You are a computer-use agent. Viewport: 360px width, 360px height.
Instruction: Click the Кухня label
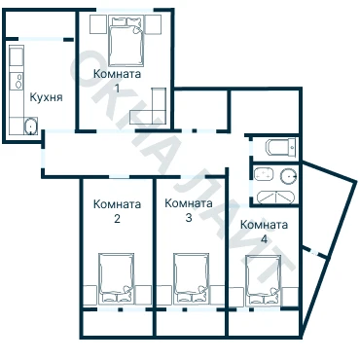(x=46, y=97)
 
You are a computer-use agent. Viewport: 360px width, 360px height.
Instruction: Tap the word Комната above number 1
(x=117, y=74)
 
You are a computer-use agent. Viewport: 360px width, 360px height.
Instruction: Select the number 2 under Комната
(x=117, y=219)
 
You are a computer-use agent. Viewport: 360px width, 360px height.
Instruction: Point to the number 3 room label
(x=189, y=217)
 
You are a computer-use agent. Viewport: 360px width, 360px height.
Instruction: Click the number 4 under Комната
(x=265, y=239)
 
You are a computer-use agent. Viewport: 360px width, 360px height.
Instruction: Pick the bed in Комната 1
(x=126, y=42)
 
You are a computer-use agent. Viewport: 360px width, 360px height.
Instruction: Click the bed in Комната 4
(x=263, y=280)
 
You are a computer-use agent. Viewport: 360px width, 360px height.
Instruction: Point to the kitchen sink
(x=30, y=126)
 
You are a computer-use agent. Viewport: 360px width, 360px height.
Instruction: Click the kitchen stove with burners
(x=18, y=81)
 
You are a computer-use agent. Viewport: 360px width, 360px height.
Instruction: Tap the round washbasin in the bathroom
(x=288, y=175)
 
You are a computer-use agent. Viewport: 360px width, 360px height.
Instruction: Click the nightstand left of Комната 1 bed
(x=98, y=24)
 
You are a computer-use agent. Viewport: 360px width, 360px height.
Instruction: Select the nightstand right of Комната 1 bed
(x=153, y=24)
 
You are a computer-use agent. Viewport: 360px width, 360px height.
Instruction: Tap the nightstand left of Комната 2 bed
(x=90, y=295)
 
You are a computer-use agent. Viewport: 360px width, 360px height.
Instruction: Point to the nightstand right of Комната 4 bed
(x=289, y=297)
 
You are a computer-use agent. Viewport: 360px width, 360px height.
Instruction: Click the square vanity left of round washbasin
(x=264, y=174)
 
